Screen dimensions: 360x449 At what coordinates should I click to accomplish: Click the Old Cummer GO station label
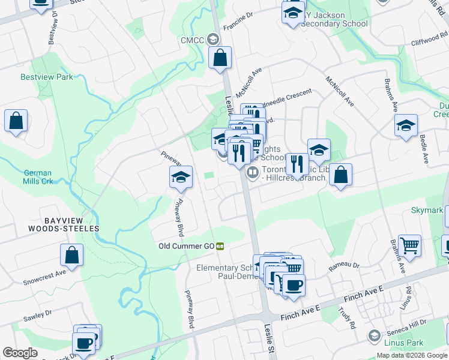pos(186,246)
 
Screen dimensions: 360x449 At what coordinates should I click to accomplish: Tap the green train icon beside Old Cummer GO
pos(220,246)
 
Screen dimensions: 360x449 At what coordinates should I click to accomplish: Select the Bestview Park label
pos(46,77)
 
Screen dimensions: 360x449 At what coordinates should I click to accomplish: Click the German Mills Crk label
pos(38,176)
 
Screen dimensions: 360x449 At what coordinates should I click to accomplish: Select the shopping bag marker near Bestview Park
pos(16,121)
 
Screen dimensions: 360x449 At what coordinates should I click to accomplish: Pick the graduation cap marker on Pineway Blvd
pos(181,177)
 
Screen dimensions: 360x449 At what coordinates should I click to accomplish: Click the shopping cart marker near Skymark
pos(409,245)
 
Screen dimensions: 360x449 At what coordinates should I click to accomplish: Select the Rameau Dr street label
pos(344,265)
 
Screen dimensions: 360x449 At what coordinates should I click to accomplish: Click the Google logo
pos(20,353)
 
